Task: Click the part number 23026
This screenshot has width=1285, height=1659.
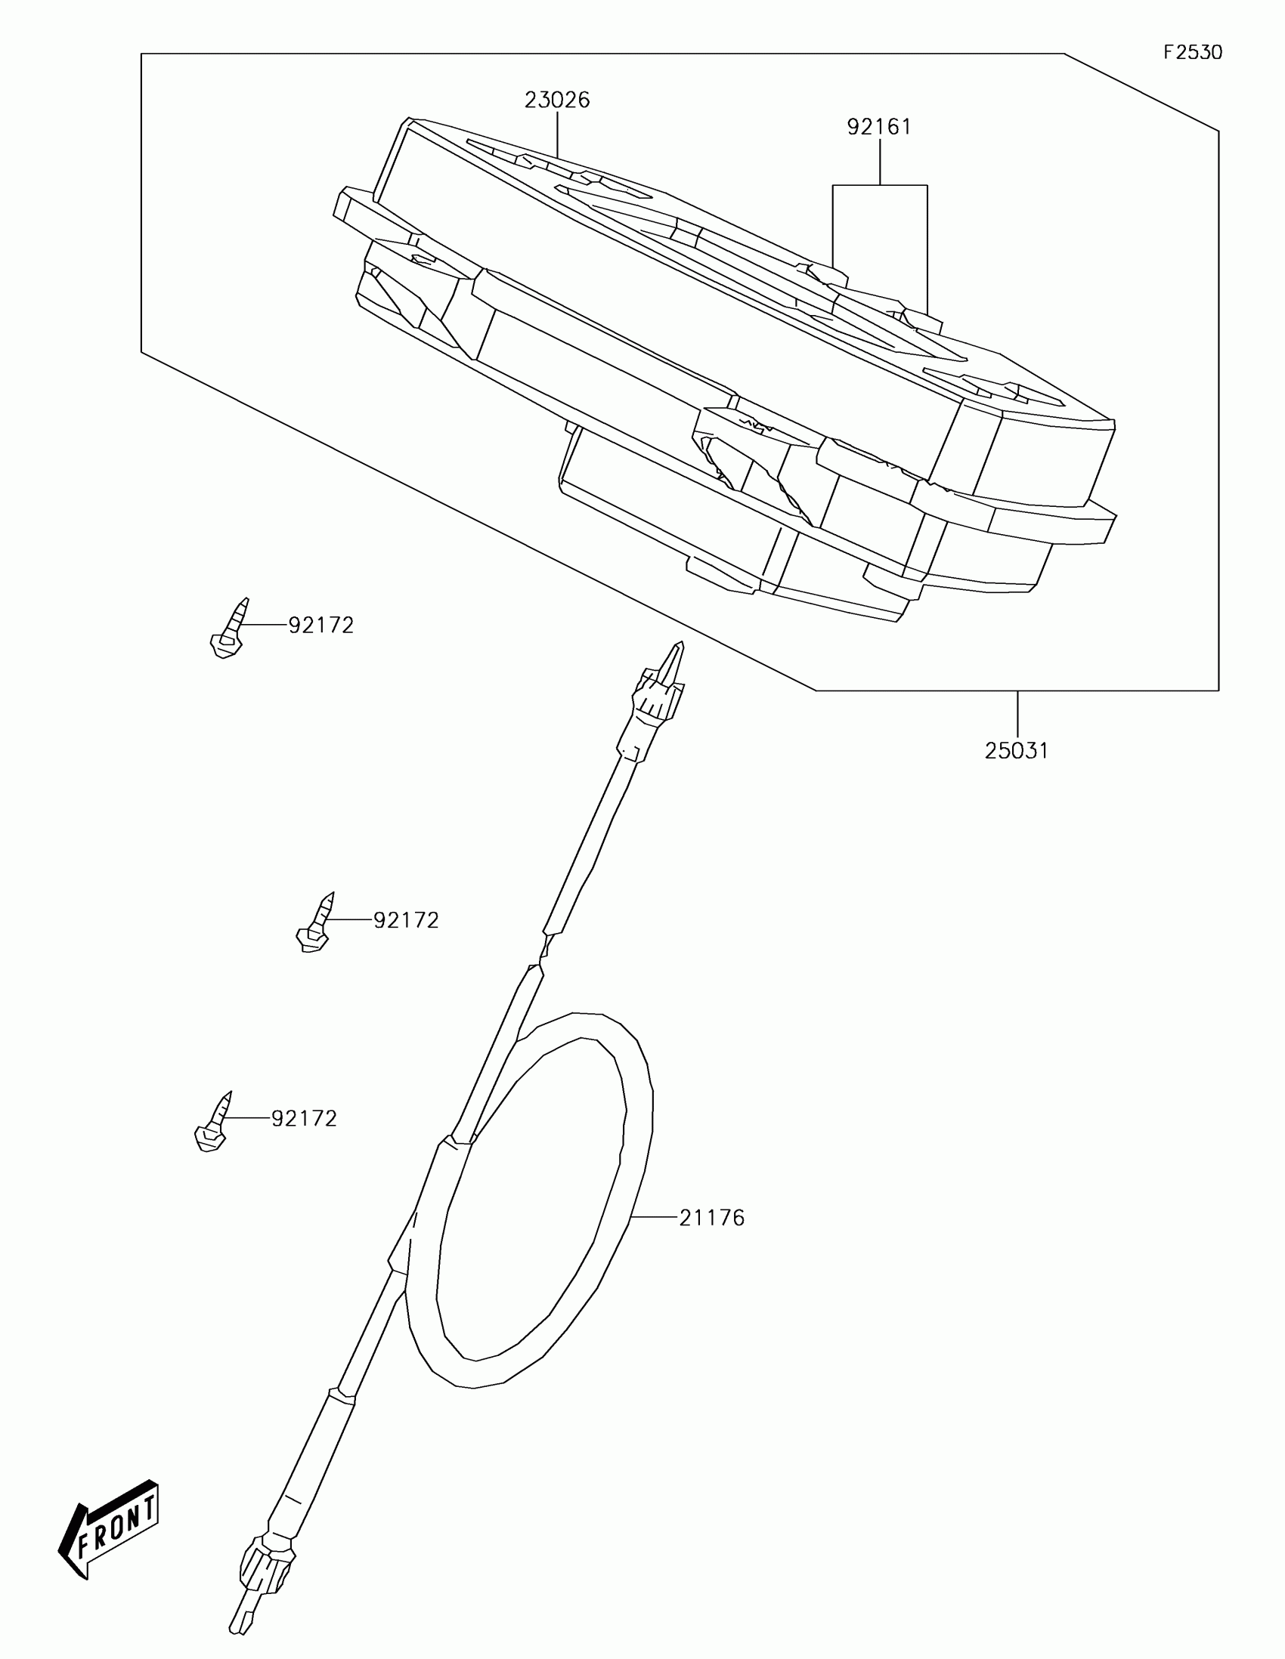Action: click(557, 100)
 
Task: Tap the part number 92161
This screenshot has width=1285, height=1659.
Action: click(879, 127)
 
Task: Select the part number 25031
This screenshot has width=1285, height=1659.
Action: click(1017, 751)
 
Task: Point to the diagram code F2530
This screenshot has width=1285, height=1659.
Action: click(1193, 52)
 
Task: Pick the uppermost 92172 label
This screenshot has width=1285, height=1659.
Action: click(320, 626)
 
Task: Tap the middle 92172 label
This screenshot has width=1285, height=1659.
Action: click(406, 920)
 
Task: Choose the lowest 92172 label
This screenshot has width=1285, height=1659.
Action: click(304, 1118)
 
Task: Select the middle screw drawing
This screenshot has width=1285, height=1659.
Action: click(314, 925)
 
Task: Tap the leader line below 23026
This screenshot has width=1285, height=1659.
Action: click(558, 135)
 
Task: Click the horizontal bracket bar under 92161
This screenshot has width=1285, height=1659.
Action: click(879, 184)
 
